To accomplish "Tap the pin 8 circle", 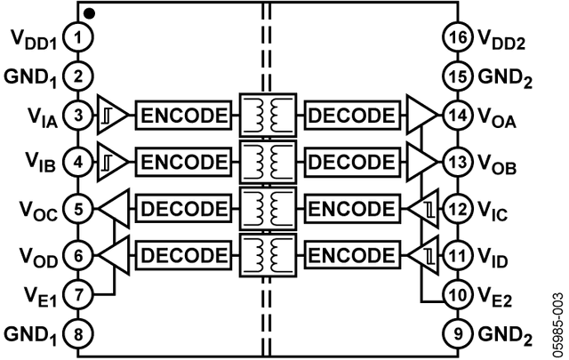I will [x=80, y=335].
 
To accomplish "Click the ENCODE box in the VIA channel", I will [x=184, y=115].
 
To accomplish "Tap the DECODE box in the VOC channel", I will [x=184, y=209].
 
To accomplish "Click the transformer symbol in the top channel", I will [x=268, y=115].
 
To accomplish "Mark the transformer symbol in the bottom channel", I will [x=268, y=255].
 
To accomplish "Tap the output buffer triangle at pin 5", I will [x=113, y=209].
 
